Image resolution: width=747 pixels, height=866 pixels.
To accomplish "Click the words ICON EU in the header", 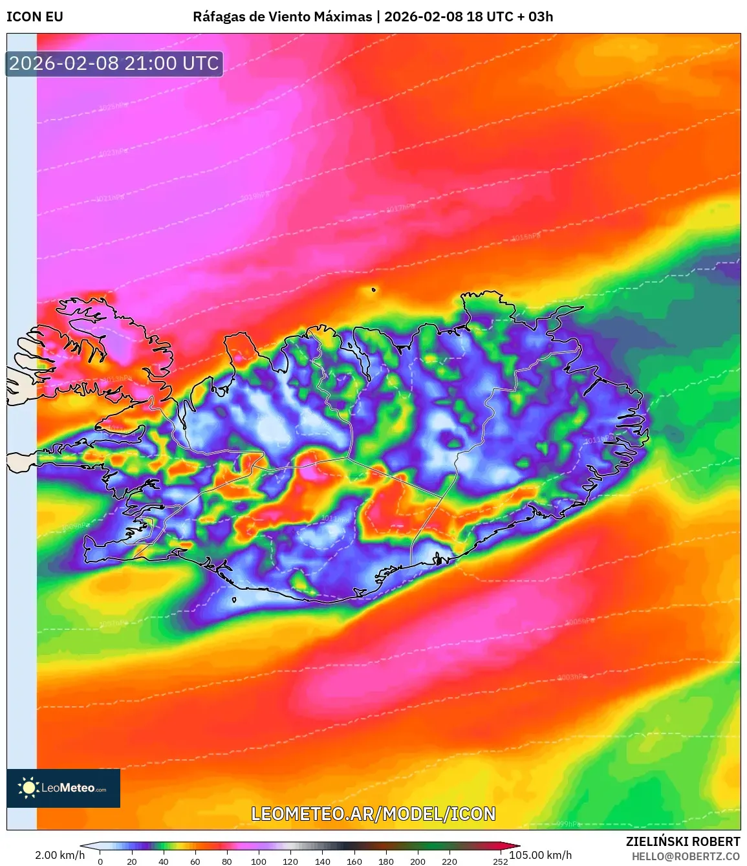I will point(35,17).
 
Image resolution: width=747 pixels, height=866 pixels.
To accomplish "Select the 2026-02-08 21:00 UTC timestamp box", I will point(114,63).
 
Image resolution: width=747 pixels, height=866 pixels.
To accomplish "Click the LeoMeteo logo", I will point(63,788).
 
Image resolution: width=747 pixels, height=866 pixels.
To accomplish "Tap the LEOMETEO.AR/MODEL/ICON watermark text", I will point(373,814).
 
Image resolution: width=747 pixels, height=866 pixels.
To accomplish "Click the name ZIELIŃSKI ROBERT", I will point(682,841).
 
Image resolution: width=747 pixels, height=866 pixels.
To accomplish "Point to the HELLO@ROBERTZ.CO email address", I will point(686,856).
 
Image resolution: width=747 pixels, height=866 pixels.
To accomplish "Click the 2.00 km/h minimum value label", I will point(60,855).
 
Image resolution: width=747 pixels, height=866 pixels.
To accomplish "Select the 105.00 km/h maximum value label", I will point(541,855).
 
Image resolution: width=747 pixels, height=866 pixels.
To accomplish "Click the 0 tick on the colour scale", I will point(100,861).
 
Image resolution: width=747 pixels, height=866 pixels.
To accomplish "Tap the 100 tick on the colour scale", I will point(259,861).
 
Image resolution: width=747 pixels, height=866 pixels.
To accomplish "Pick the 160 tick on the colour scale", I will point(354,861).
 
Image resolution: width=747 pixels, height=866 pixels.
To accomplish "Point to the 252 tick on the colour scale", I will point(500,861).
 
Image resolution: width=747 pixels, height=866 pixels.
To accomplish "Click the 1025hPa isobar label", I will point(113,106).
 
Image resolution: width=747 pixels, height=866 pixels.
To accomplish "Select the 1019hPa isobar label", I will point(254,197).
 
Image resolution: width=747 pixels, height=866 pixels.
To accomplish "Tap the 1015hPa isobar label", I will point(525,237).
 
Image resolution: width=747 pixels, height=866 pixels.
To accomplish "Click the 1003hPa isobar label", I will point(571,677).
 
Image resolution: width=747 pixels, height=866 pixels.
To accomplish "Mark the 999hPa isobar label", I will point(568,824).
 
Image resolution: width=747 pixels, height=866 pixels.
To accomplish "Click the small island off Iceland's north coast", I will point(374,290).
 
